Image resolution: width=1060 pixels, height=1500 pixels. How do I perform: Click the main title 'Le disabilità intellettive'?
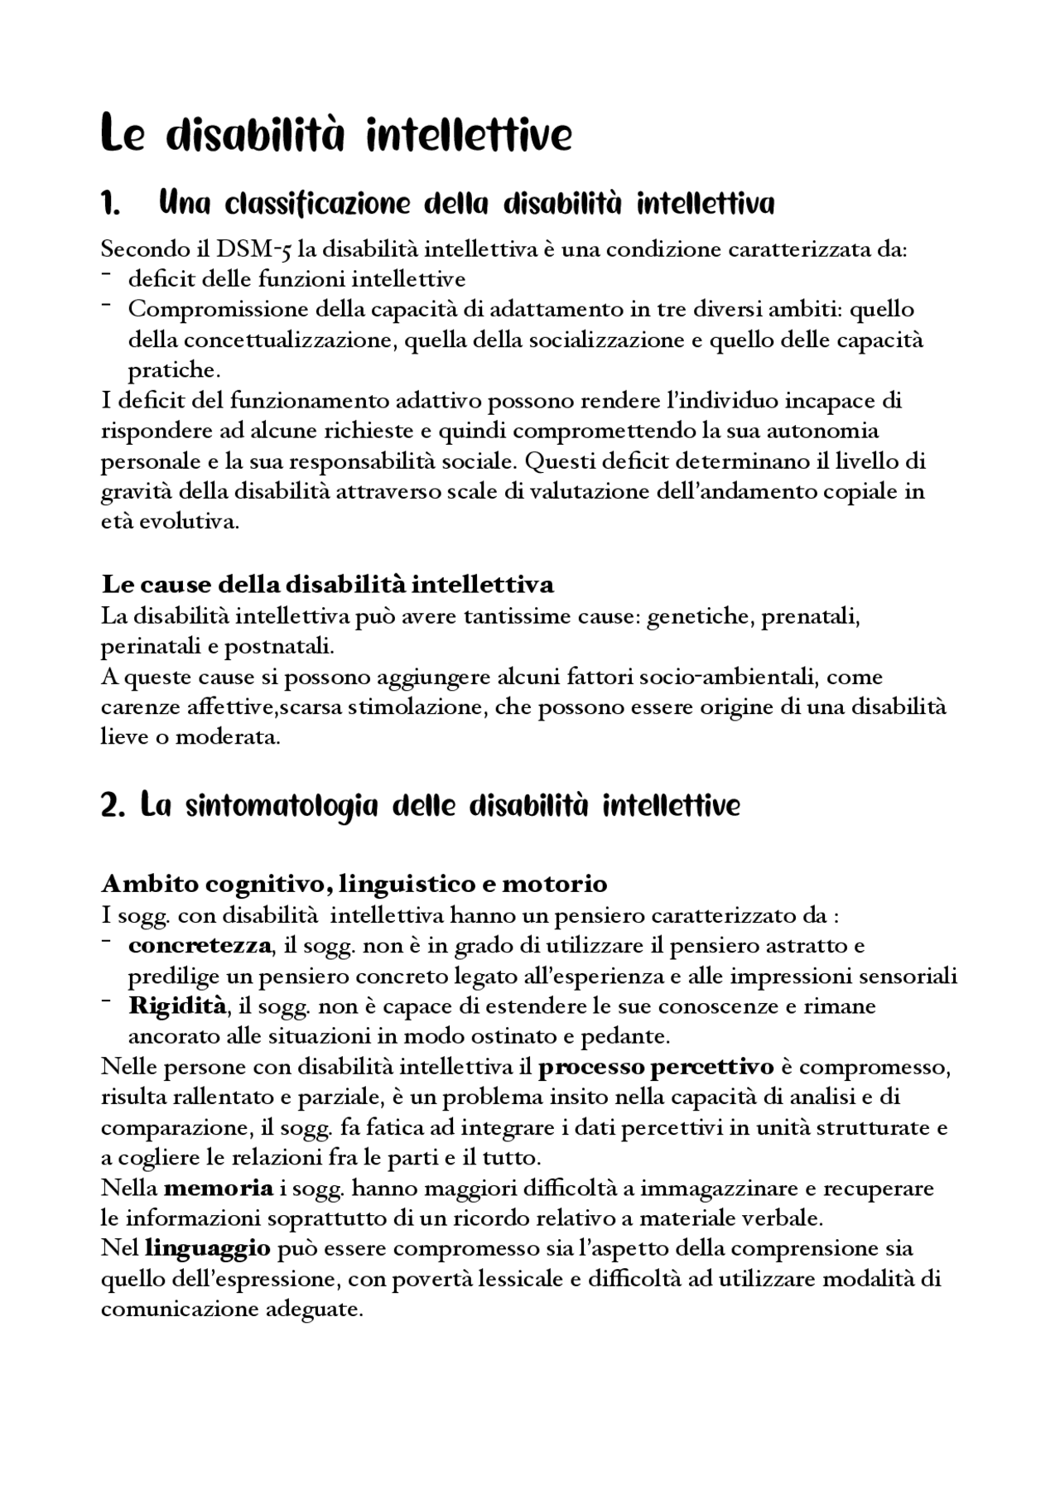[x=335, y=135]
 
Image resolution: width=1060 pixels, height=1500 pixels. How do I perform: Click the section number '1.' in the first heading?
[x=111, y=204]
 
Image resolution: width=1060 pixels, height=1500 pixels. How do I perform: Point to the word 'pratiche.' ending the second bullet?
[x=173, y=370]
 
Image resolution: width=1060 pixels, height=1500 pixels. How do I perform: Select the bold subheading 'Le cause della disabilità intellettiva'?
[x=327, y=585]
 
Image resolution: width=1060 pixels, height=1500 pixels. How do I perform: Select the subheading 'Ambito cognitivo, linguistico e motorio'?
[x=354, y=884]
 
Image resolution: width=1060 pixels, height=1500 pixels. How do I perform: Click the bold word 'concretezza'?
[x=200, y=945]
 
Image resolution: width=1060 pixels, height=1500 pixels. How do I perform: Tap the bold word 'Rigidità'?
[x=177, y=1006]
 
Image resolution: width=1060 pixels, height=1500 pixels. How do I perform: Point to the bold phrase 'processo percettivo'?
[x=655, y=1067]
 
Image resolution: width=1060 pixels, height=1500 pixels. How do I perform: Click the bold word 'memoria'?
[x=219, y=1189]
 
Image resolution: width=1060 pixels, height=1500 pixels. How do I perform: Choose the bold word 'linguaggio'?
[x=207, y=1249]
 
